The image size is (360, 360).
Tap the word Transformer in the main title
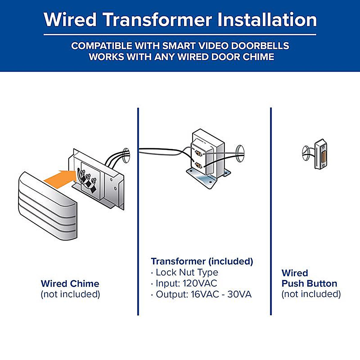pyautogui.click(x=158, y=19)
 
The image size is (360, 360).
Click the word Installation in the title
pyautogui.click(x=267, y=19)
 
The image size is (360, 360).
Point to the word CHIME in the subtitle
pyautogui.click(x=258, y=57)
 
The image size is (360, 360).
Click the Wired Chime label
pyautogui.click(x=70, y=283)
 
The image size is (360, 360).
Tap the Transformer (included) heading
pyautogui.click(x=202, y=261)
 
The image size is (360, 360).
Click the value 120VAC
pyautogui.click(x=200, y=283)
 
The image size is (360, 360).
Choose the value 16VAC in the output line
pyautogui.click(x=205, y=294)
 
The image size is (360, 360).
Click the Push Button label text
pyautogui.click(x=309, y=283)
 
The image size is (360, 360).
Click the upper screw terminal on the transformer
pyautogui.click(x=198, y=153)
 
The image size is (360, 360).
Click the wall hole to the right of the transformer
pyautogui.click(x=240, y=153)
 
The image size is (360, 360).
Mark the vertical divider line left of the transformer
pyautogui.click(x=138, y=211)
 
